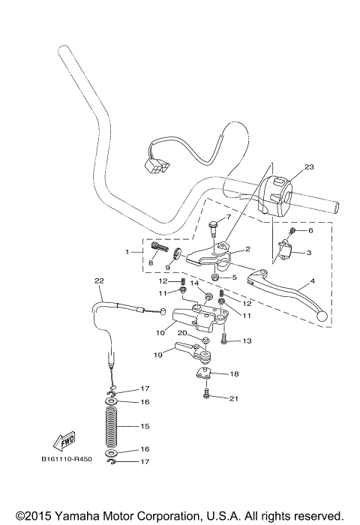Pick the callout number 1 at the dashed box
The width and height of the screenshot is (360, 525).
click(128, 251)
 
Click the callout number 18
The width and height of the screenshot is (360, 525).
click(233, 373)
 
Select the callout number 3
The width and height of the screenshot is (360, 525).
click(309, 253)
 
